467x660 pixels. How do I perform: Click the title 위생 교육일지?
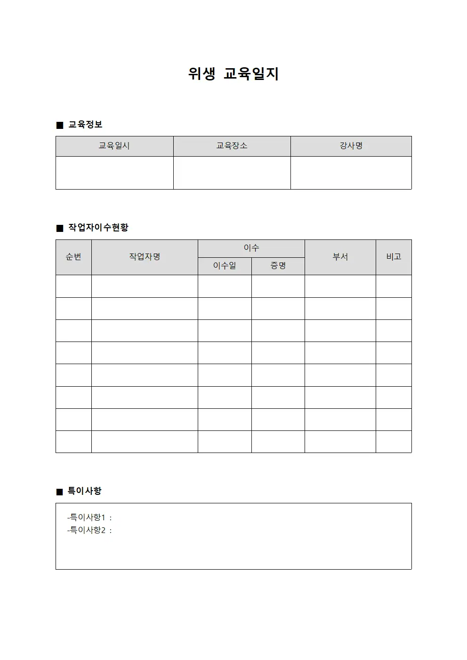point(233,74)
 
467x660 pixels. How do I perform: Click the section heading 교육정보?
point(85,125)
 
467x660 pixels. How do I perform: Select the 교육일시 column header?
point(114,146)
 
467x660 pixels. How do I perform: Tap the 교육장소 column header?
point(232,146)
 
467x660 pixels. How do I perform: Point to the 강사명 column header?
point(351,146)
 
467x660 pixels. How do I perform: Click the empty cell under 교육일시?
point(114,173)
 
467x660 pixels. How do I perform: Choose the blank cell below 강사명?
point(351,173)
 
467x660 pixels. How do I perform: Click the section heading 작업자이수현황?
point(98,228)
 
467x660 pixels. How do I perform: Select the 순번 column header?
point(73,257)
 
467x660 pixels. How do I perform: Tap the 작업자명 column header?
point(145,257)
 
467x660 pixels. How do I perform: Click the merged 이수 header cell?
point(251,248)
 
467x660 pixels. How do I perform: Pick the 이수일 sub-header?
point(225,266)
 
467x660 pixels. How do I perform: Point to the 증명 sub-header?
point(278,266)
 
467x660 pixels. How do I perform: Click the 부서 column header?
point(340,257)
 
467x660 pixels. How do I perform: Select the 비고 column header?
point(394,257)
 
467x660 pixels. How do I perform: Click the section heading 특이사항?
point(85,491)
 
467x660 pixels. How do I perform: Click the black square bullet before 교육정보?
point(60,125)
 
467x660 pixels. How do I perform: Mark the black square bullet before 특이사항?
point(60,492)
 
